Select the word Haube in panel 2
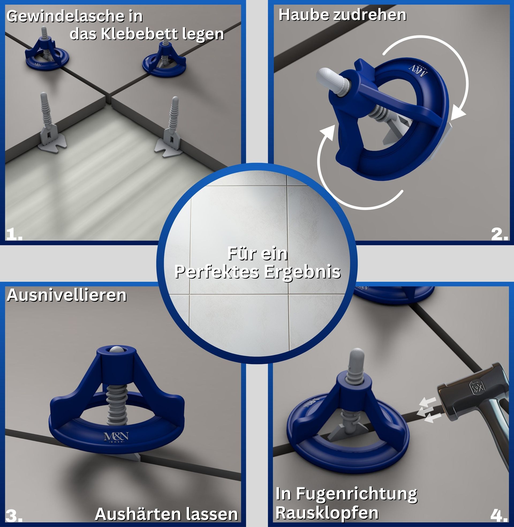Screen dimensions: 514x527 [x=304, y=14]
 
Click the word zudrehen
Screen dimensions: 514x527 [x=370, y=14]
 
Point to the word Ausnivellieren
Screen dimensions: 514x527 [x=67, y=295]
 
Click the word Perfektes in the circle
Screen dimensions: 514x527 [x=218, y=272]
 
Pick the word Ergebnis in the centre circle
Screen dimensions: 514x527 [x=302, y=272]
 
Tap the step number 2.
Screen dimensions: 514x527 [x=500, y=234]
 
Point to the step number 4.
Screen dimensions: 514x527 [x=500, y=516]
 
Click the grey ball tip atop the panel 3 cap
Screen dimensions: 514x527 [x=116, y=350]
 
